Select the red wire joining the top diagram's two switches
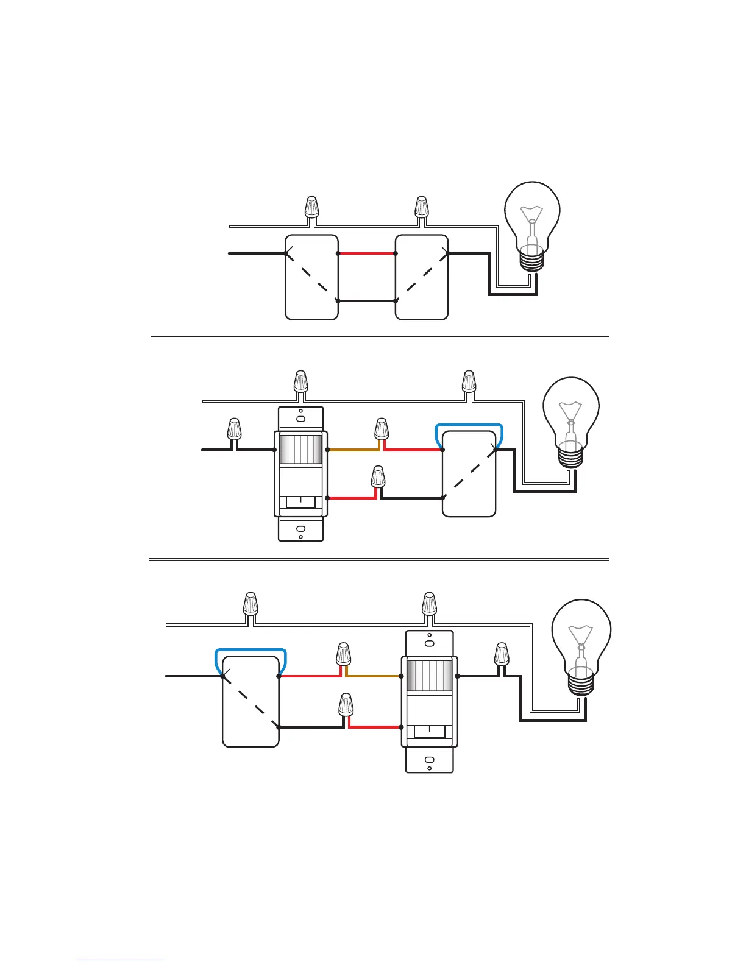(x=366, y=253)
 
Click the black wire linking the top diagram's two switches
(x=366, y=301)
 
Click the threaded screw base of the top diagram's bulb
(x=532, y=260)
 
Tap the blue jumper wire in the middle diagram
(x=469, y=424)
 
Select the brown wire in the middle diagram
(x=353, y=450)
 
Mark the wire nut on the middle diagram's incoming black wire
(x=233, y=429)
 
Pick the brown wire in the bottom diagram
(x=373, y=676)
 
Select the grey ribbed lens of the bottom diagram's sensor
(x=429, y=676)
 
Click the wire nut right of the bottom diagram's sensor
(x=501, y=654)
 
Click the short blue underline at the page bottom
(x=121, y=960)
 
